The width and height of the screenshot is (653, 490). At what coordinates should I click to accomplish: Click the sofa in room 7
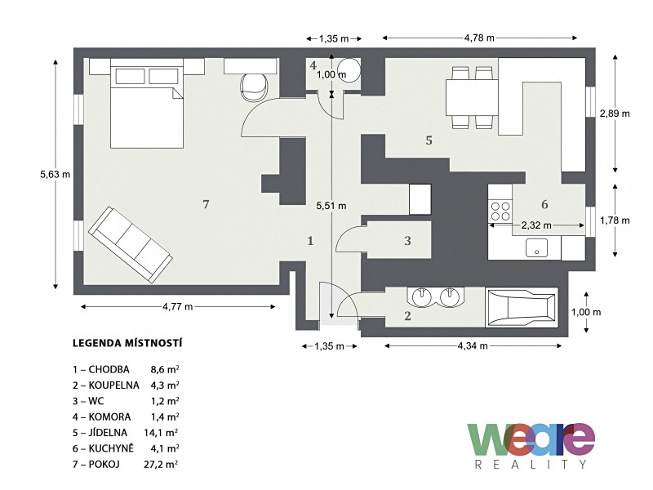pos(131,245)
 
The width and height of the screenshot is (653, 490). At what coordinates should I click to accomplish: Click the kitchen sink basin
pos(536,247)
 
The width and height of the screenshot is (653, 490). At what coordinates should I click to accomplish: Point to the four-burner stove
pos(500,212)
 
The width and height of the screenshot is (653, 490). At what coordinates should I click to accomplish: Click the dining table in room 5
pos(473,97)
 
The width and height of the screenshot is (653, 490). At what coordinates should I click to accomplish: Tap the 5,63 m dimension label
pos(55,175)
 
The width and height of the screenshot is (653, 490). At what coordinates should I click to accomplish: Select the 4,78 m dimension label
pos(479,38)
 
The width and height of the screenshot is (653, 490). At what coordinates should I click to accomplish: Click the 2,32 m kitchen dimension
pos(536,225)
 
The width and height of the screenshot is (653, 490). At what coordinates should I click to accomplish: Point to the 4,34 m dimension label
pos(473,345)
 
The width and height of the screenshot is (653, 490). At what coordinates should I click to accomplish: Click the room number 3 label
pos(407,240)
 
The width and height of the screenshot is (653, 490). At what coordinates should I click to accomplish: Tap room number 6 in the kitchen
pos(544,205)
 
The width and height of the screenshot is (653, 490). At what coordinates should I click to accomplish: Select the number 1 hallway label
pos(310,241)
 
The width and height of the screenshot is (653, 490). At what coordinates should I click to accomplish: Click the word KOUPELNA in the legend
pos(113,385)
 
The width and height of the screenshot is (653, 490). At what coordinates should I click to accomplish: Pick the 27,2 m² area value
pos(162,464)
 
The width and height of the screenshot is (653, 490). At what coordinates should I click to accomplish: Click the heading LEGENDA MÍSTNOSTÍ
pos(127,343)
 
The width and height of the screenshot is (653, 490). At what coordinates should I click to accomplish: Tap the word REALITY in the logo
pos(531,464)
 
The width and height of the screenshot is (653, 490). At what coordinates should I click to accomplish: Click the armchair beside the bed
pos(255,87)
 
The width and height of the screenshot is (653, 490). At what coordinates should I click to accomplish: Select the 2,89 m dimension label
pos(615,114)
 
